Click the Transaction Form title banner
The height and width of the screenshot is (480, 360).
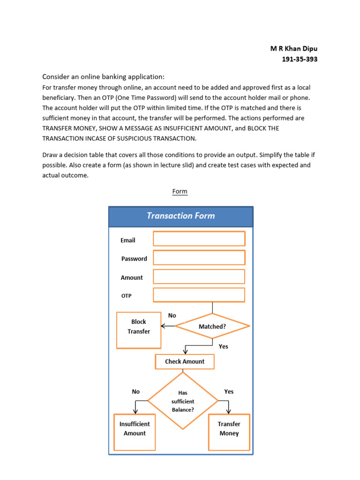point(180,216)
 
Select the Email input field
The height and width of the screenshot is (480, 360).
point(199,239)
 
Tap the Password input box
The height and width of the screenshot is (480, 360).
point(199,257)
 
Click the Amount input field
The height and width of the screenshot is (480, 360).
point(199,277)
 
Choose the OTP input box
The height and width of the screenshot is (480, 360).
point(199,295)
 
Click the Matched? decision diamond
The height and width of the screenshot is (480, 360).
point(212,326)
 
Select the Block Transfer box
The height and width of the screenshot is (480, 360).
point(139,330)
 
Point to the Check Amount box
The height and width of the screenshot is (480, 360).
point(185,361)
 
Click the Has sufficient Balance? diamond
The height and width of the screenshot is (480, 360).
point(183,401)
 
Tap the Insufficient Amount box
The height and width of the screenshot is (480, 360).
point(135,432)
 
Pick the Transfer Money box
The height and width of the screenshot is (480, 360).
point(229,432)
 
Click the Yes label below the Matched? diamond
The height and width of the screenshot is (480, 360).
point(224,346)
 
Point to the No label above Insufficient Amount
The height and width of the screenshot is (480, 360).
point(136,391)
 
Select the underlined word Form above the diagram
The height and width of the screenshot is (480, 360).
point(180,191)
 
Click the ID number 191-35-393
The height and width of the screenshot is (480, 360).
point(300,59)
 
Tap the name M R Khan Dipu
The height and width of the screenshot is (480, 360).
point(294,49)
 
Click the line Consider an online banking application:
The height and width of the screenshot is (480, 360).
point(104,76)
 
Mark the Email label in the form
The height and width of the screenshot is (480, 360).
point(128,240)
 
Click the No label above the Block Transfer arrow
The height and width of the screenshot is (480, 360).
point(172,315)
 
